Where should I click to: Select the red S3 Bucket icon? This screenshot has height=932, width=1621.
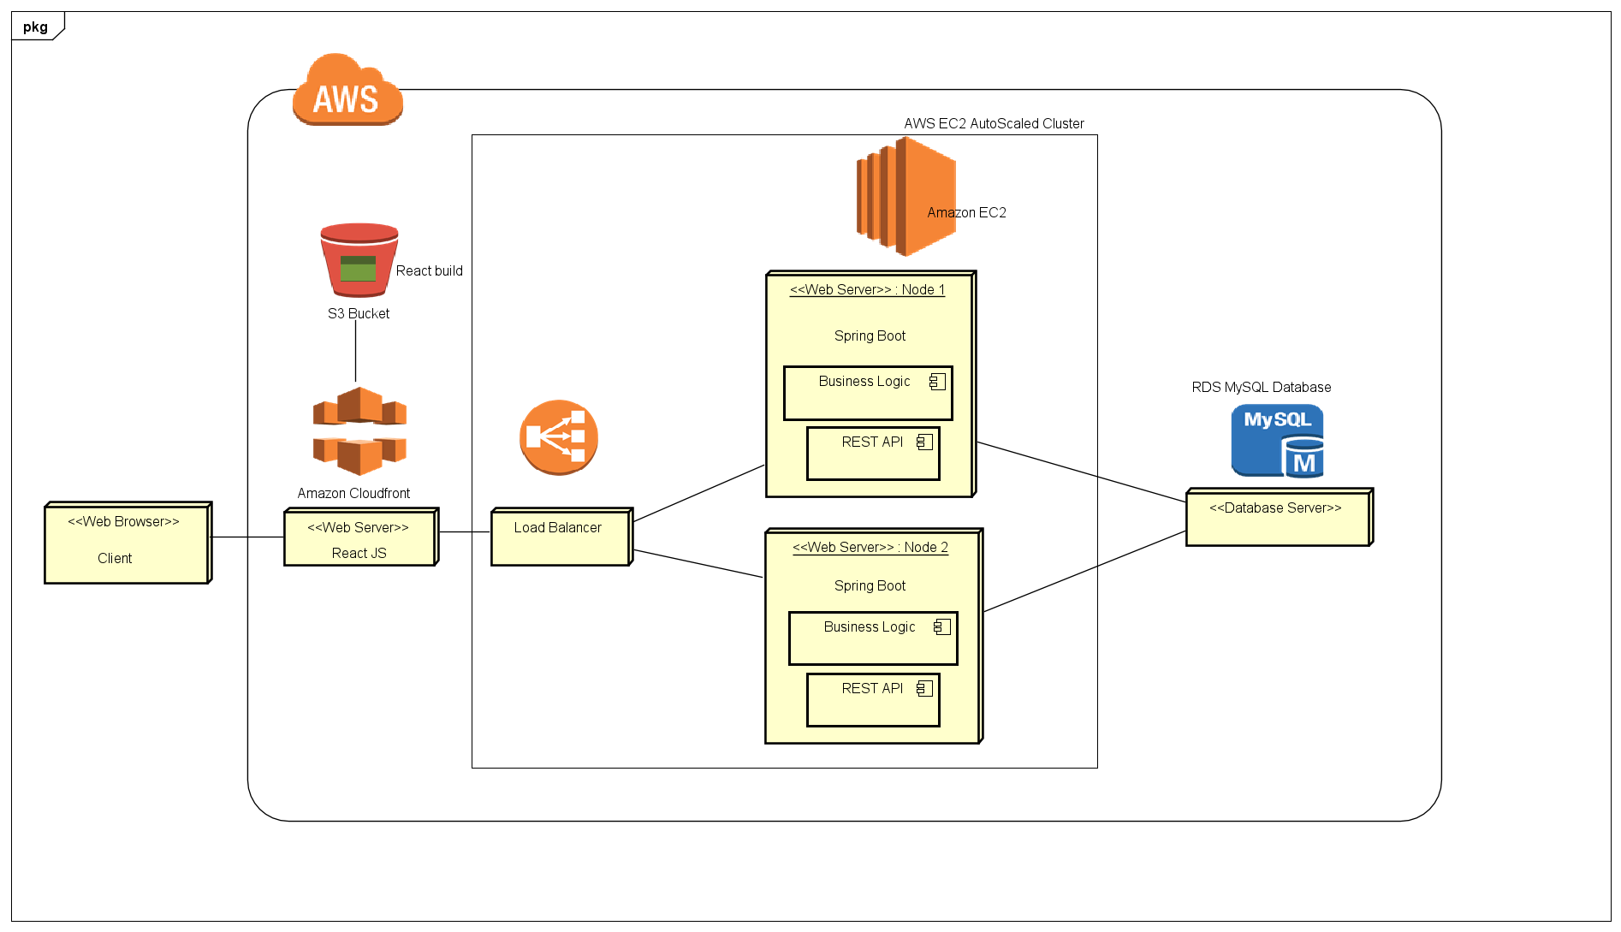[359, 259]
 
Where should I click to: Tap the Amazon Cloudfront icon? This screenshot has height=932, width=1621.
[359, 431]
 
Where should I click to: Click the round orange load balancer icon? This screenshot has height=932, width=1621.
[558, 437]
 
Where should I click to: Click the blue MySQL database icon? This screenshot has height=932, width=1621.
[1277, 441]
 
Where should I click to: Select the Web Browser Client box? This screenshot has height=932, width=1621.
[127, 543]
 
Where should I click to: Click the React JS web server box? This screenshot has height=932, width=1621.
[360, 538]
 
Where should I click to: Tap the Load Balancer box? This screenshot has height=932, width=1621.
[561, 537]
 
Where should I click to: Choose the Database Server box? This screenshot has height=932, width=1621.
[1278, 518]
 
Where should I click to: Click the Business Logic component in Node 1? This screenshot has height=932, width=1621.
[867, 393]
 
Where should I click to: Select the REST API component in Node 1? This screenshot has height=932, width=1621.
[872, 454]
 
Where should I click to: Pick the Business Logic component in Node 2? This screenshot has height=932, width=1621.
[872, 638]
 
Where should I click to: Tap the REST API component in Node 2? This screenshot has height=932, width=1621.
[872, 700]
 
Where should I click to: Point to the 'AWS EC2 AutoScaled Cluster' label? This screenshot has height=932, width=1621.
[994, 123]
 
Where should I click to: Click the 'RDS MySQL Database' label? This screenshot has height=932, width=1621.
[1261, 387]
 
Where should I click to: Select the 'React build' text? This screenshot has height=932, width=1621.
[429, 270]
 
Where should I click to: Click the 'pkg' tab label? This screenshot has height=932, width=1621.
[35, 27]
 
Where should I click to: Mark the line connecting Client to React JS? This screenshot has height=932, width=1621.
[247, 537]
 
